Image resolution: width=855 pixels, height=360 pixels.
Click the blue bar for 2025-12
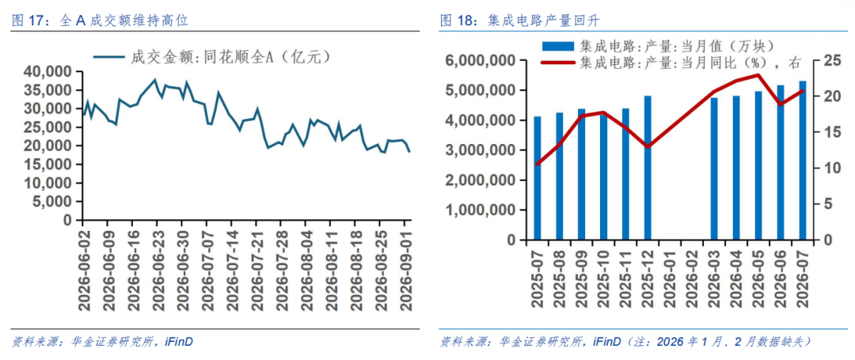tap(648, 168)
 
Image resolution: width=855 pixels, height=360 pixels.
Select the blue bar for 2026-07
tap(803, 161)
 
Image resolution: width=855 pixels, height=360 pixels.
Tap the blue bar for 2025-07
tap(538, 178)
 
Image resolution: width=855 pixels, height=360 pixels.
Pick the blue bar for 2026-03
tap(714, 169)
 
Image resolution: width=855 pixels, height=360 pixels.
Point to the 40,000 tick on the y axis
tap(48, 71)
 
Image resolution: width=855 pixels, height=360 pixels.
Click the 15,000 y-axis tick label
tap(48, 165)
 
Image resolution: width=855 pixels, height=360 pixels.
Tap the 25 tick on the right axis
tap(825, 60)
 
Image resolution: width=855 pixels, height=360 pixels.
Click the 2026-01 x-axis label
tap(670, 275)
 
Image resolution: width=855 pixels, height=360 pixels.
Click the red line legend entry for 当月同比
tap(671, 63)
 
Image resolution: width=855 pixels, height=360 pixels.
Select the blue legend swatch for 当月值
tap(558, 46)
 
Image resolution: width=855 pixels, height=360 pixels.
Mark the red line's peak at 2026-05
tap(758, 74)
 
